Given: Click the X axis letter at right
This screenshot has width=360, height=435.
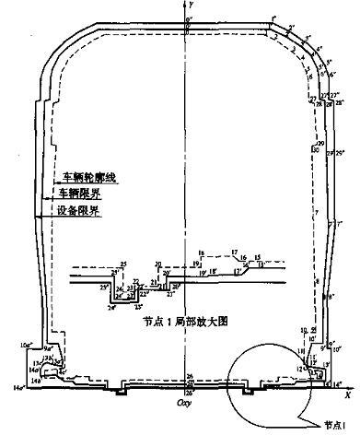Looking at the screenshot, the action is click(x=348, y=395).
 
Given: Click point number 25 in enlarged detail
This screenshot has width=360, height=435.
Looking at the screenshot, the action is click(x=116, y=265).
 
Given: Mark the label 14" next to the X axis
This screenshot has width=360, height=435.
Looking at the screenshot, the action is click(x=342, y=382).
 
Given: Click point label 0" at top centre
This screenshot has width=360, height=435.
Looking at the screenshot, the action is click(x=188, y=18).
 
